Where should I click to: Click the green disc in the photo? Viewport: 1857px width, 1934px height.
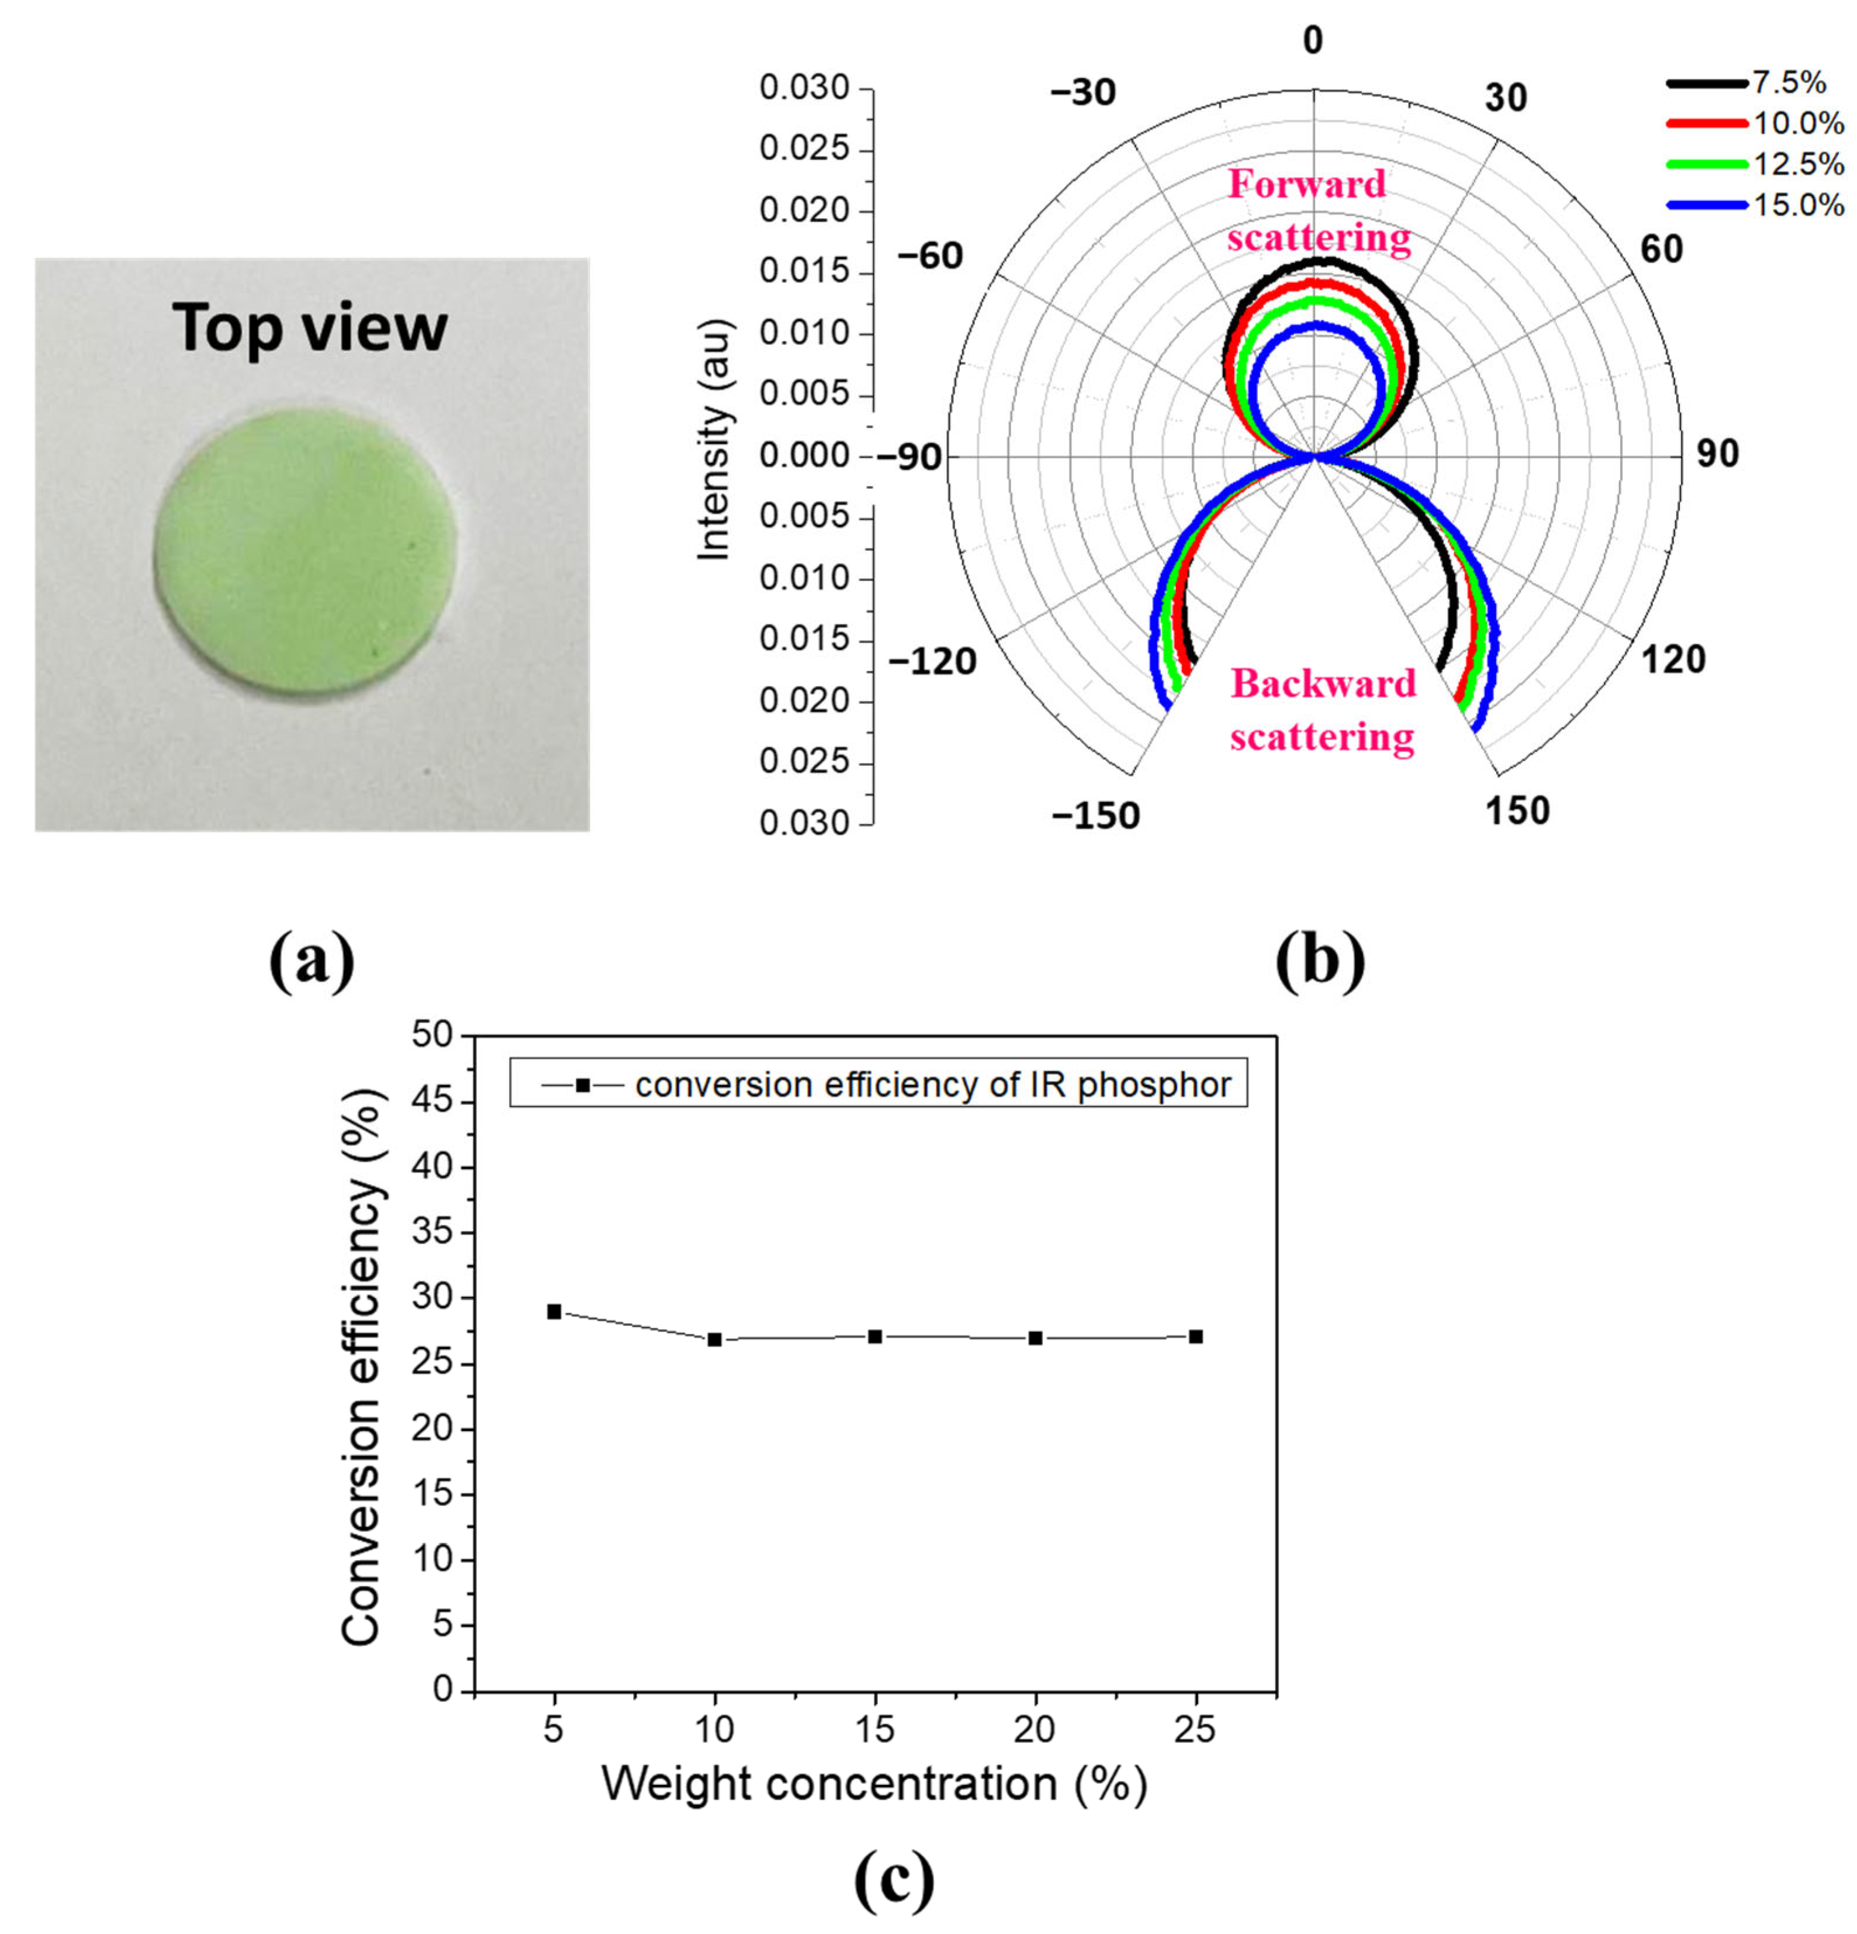point(306,545)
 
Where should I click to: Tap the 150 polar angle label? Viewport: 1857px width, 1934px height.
point(1517,810)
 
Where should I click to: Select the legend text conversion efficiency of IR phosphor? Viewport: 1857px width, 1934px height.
point(932,1085)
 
